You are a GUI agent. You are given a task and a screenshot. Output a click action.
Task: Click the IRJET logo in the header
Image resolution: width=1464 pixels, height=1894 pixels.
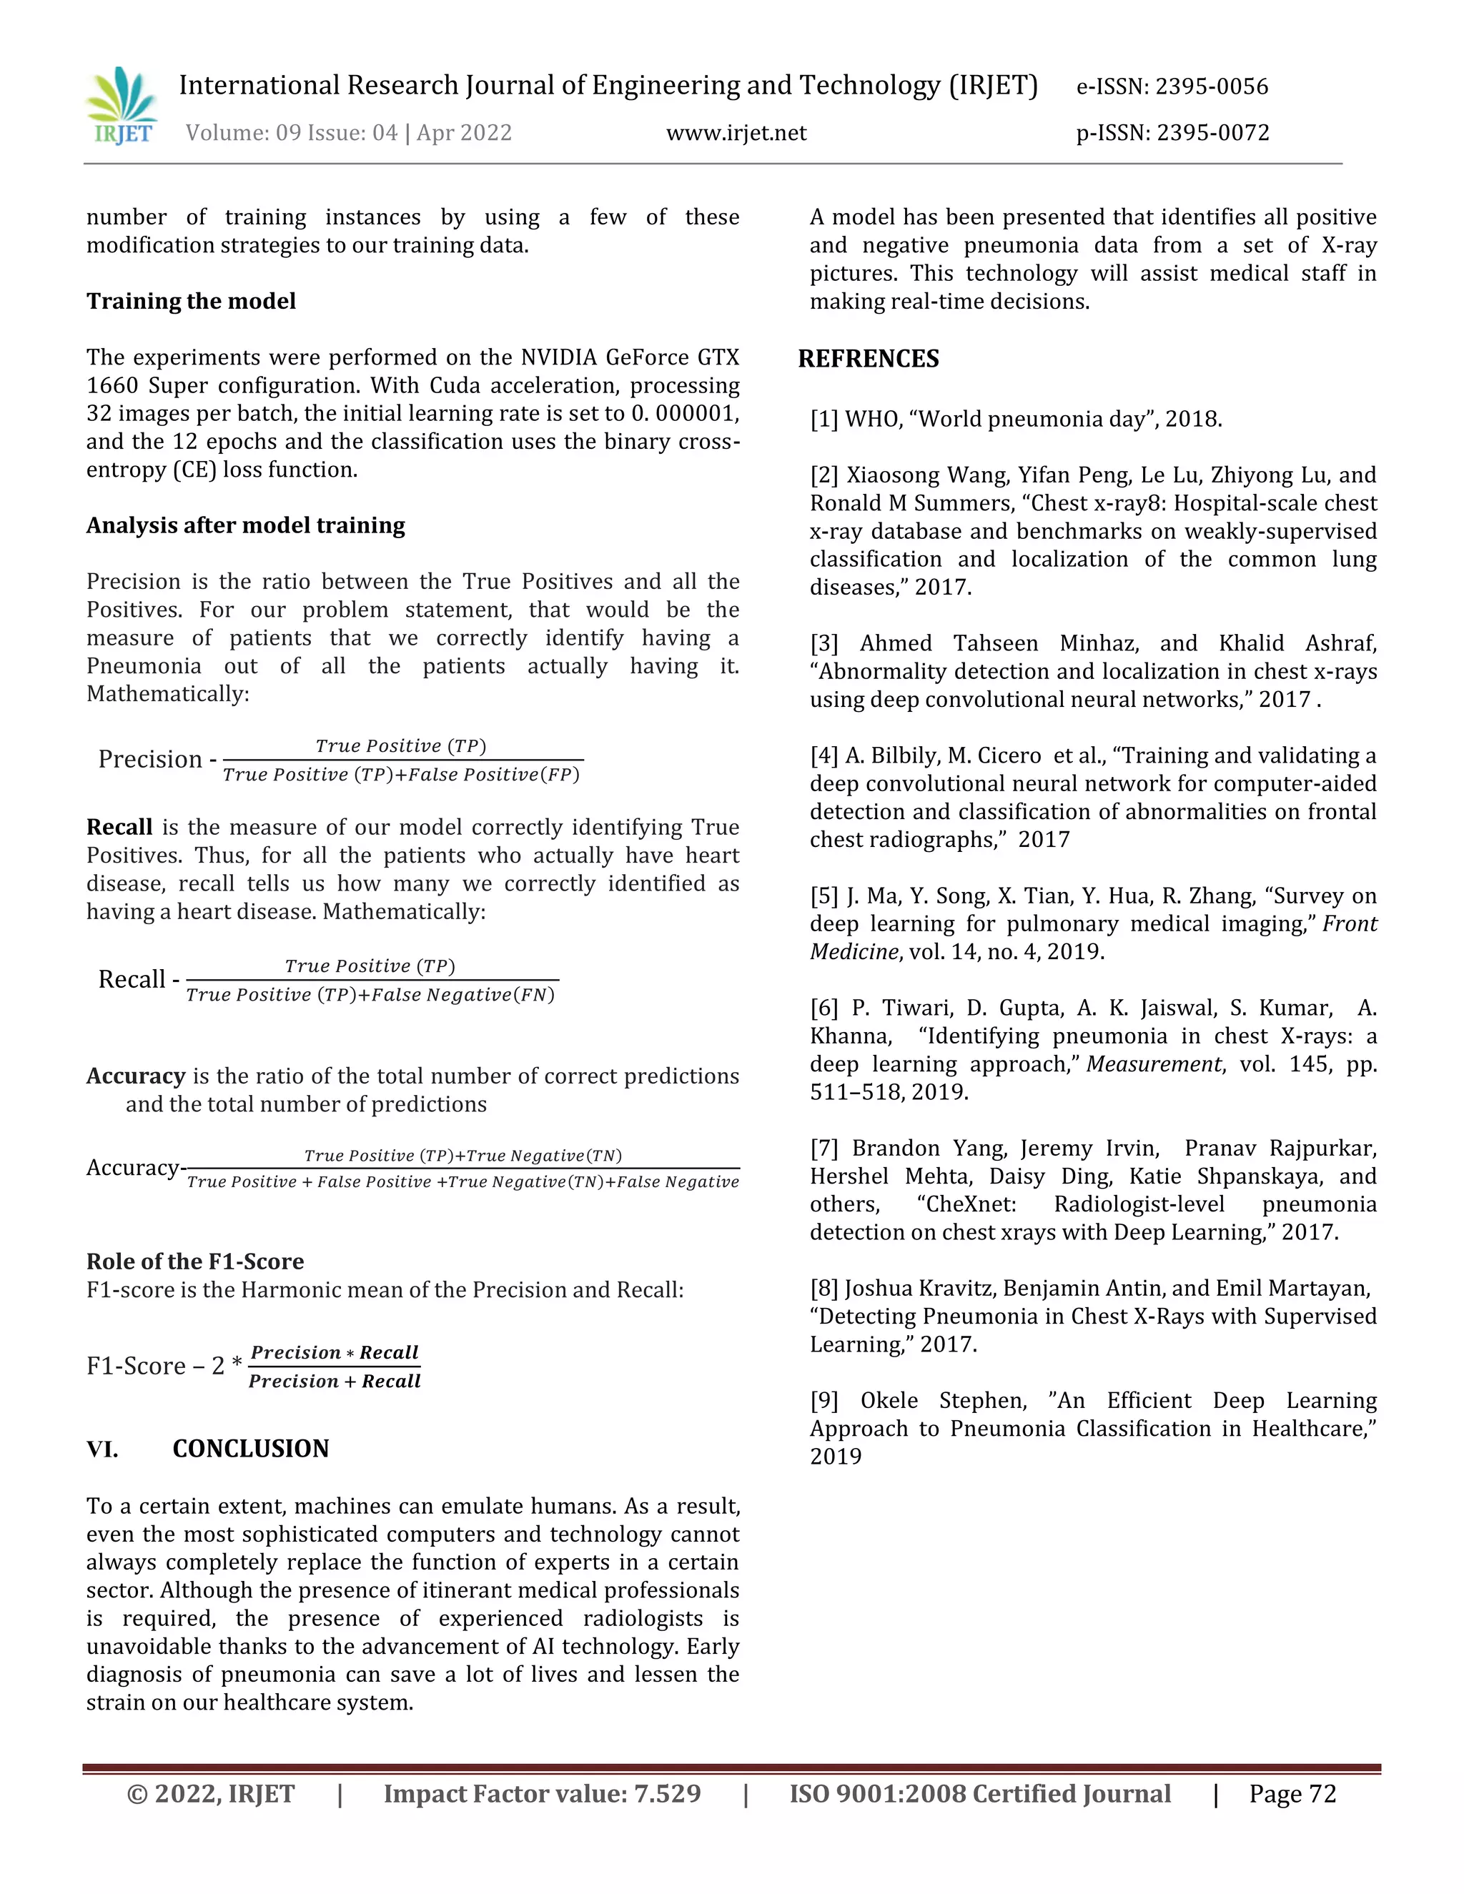pos(122,105)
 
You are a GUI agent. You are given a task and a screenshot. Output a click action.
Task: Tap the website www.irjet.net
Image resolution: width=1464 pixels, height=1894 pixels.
pos(736,133)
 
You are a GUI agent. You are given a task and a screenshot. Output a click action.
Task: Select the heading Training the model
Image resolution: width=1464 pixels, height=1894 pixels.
pos(191,301)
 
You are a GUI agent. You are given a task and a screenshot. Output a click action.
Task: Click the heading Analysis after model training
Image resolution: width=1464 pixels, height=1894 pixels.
pos(245,525)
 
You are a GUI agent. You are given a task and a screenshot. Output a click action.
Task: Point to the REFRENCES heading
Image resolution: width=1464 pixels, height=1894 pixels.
pos(868,359)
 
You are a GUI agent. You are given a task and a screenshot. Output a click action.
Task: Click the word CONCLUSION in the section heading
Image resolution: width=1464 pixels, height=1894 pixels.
pos(251,1449)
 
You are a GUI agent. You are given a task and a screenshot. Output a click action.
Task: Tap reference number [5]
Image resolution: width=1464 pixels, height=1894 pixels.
pos(824,896)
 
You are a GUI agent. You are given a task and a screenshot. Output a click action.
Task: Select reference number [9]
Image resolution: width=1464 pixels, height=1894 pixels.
pos(824,1401)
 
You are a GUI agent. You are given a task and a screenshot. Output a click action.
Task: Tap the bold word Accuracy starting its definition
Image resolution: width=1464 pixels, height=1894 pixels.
pos(135,1076)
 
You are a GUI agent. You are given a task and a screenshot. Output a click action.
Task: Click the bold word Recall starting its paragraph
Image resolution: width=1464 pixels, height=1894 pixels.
pos(119,828)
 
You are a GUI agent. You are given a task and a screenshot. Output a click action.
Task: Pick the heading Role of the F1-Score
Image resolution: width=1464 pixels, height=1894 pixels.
pos(195,1261)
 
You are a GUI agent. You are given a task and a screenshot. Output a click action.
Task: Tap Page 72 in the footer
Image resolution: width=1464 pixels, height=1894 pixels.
pos(1292,1794)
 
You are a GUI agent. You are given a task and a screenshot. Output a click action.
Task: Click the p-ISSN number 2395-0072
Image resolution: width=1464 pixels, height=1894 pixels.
pos(1212,133)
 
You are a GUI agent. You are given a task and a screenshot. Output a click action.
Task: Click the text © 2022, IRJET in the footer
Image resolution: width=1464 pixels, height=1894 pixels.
pos(211,1794)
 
